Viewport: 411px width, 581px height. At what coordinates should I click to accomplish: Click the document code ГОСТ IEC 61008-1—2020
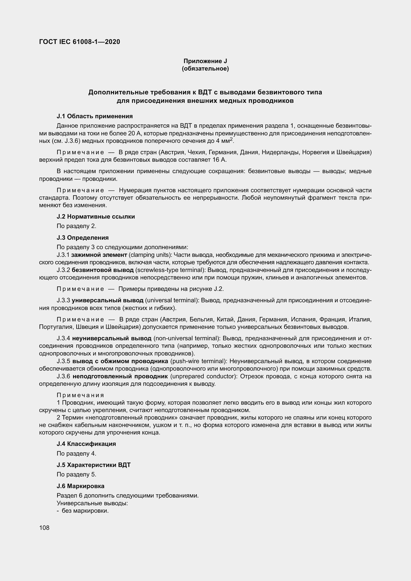click(80, 42)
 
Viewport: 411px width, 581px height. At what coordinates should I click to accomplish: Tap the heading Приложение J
click(205, 61)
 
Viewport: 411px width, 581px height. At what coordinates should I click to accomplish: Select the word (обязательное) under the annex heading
click(205, 69)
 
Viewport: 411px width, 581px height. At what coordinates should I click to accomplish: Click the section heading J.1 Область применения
click(95, 116)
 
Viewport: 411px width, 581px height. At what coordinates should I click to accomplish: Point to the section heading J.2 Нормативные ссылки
click(96, 217)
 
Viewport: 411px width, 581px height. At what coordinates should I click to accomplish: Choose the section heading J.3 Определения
click(83, 238)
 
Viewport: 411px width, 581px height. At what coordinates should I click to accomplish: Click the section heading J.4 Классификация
click(86, 444)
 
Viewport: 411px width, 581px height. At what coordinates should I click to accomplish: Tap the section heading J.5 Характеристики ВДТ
click(94, 465)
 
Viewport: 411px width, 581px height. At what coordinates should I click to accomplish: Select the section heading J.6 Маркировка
click(81, 486)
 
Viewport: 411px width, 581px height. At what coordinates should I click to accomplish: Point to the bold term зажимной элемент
click(99, 255)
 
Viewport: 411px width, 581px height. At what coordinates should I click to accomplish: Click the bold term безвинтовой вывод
click(103, 270)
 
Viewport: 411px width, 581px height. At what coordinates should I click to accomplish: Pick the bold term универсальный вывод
click(108, 300)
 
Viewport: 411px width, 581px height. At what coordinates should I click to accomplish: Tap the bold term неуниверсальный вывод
click(112, 338)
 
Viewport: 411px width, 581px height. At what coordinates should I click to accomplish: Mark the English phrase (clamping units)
click(149, 255)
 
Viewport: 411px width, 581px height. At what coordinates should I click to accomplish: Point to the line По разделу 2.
click(77, 226)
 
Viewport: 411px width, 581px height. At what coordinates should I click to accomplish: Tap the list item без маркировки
click(85, 511)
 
